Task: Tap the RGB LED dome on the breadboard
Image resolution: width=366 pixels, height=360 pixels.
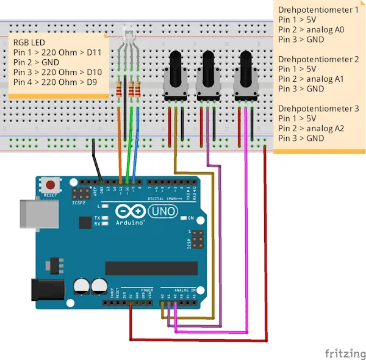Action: [x=129, y=34]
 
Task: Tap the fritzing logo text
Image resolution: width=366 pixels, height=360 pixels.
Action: [x=344, y=353]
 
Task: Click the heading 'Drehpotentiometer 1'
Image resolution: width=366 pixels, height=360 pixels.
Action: [x=317, y=10]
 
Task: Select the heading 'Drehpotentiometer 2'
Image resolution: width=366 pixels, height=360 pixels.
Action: [x=317, y=59]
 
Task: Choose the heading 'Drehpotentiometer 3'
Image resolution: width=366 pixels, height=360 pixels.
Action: [x=317, y=109]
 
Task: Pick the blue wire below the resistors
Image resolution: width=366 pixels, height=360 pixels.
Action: [x=138, y=140]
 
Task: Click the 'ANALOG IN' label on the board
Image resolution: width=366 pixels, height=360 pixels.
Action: [x=184, y=290]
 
